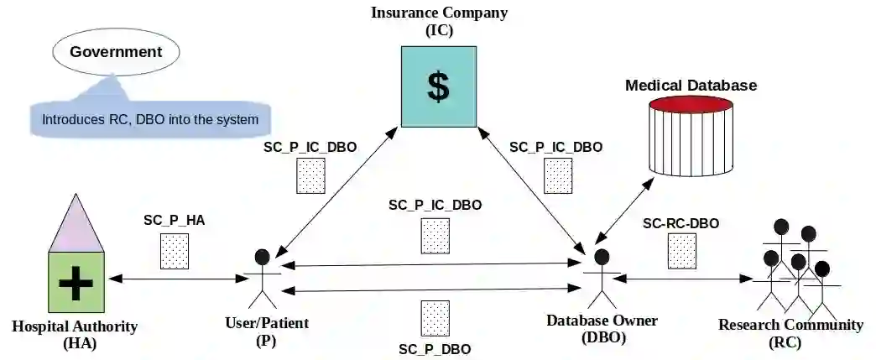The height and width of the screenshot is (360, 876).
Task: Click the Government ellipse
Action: (x=116, y=52)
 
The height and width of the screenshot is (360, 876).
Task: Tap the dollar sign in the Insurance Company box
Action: (x=437, y=86)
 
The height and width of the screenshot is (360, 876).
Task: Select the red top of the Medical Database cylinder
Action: (x=691, y=107)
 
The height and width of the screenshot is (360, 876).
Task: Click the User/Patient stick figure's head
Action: (x=263, y=256)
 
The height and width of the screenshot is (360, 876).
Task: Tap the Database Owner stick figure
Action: (x=600, y=277)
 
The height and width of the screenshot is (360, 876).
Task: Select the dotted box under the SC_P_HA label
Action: (x=175, y=251)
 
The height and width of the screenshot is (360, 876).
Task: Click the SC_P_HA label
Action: (x=174, y=221)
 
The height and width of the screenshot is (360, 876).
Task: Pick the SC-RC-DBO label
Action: (x=680, y=223)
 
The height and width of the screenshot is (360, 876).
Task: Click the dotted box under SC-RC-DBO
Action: (x=681, y=252)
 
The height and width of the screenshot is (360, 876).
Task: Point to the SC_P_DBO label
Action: (x=434, y=348)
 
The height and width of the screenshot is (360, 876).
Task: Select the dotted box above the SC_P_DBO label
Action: (x=435, y=319)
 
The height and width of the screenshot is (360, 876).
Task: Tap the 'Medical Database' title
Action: (x=691, y=86)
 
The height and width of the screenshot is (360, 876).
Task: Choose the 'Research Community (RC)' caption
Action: (x=790, y=333)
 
